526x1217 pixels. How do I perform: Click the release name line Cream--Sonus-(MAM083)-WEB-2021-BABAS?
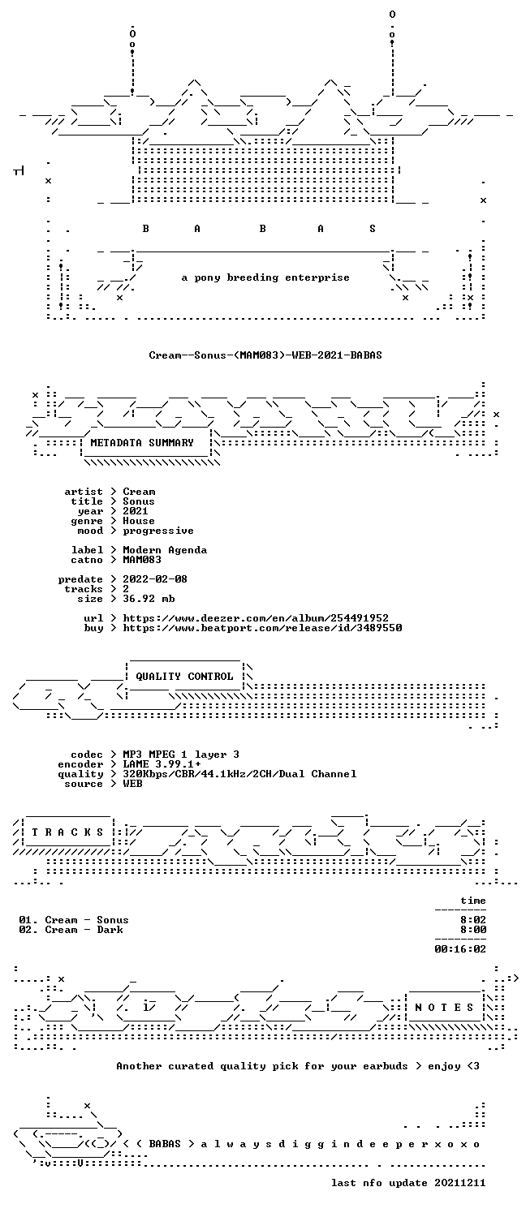[265, 355]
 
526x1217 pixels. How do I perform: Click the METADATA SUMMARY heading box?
[145, 443]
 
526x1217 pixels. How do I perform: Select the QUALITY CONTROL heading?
[184, 677]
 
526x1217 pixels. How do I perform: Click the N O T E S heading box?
[444, 1008]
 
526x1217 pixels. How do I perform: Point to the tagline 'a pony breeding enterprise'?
[265, 277]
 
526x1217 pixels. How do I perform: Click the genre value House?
[139, 521]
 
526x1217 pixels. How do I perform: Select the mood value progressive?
[158, 531]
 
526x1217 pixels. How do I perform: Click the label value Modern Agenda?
[165, 550]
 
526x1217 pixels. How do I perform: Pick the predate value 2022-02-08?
[155, 579]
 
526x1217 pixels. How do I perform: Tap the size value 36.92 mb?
[149, 599]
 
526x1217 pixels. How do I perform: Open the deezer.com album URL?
[256, 618]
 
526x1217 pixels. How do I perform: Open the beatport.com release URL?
[262, 628]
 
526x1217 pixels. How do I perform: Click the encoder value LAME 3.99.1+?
[162, 764]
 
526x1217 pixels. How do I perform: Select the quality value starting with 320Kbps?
[239, 774]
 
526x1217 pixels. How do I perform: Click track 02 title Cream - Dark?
[84, 930]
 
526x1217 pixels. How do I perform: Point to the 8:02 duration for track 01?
[472, 920]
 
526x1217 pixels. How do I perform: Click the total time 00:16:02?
[459, 950]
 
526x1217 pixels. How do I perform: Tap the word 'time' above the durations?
[472, 901]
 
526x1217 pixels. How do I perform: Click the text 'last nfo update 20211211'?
[408, 1183]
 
